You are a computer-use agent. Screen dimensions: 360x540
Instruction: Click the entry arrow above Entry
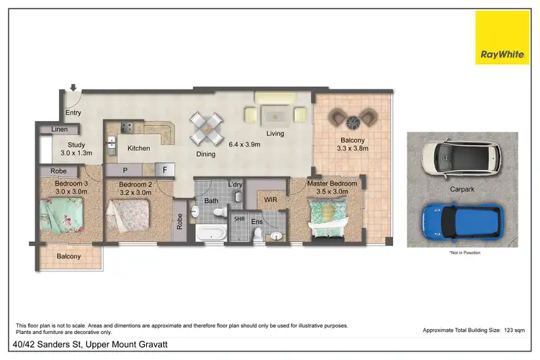[73, 89]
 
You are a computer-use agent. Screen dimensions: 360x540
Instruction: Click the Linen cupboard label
[59, 129]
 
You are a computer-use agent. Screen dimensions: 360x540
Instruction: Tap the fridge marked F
[165, 171]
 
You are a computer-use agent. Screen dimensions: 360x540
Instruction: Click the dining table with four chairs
[208, 130]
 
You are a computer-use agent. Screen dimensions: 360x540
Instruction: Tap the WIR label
[271, 198]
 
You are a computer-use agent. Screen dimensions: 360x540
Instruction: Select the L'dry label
[235, 185]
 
